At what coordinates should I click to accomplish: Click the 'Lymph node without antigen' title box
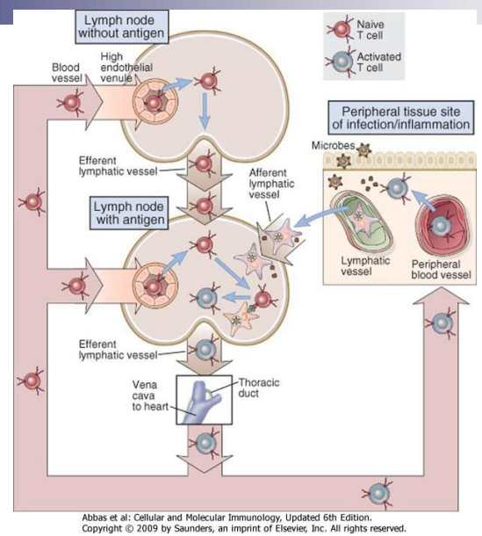(x=122, y=27)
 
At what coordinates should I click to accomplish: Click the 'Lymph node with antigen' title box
(x=129, y=213)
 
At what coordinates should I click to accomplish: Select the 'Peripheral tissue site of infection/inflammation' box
(x=400, y=118)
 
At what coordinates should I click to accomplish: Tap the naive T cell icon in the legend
(x=340, y=29)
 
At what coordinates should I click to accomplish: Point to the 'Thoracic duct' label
(x=259, y=388)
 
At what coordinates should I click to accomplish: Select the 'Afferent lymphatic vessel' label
(x=271, y=184)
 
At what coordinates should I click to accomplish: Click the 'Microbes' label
(x=333, y=146)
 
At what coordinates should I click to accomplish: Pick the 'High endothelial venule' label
(x=126, y=68)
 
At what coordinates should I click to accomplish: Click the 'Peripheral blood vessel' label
(x=441, y=270)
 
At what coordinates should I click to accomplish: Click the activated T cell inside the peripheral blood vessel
(x=439, y=226)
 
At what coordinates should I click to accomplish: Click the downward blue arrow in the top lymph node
(x=205, y=112)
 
